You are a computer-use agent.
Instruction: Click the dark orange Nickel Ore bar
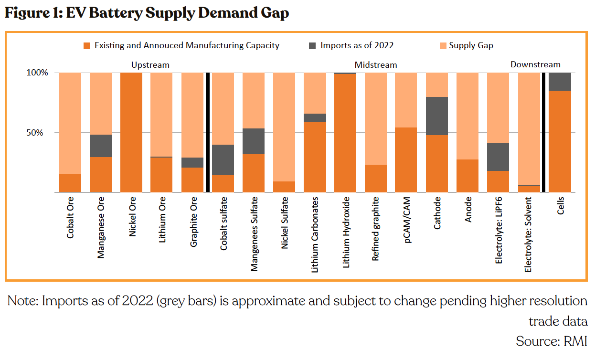pyautogui.click(x=131, y=132)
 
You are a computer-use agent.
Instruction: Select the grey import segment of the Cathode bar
pyautogui.click(x=436, y=116)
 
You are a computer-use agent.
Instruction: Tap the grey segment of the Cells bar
pyautogui.click(x=560, y=81)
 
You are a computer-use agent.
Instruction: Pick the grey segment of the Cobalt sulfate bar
pyautogui.click(x=223, y=159)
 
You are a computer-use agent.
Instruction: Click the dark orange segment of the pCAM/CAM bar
pyautogui.click(x=406, y=159)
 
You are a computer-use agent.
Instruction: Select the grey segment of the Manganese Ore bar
pyautogui.click(x=100, y=146)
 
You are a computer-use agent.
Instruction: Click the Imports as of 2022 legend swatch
pyautogui.click(x=313, y=46)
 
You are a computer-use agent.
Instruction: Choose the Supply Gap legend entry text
pyautogui.click(x=471, y=46)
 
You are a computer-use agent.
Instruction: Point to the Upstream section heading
pyautogui.click(x=150, y=64)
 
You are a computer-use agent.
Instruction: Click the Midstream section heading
pyautogui.click(x=375, y=64)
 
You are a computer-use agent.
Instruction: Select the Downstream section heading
pyautogui.click(x=535, y=64)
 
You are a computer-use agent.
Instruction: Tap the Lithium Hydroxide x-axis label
pyautogui.click(x=346, y=233)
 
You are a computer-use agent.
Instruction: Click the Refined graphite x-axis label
pyautogui.click(x=376, y=229)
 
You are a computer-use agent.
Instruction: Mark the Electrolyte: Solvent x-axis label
pyautogui.click(x=528, y=234)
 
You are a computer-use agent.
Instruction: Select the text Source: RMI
pyautogui.click(x=551, y=341)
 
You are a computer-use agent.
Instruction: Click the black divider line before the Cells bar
pyautogui.click(x=544, y=132)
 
